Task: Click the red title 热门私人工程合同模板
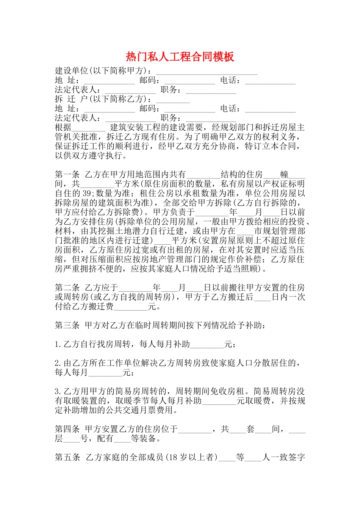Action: pos(180,57)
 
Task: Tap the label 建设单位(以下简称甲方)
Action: pos(100,71)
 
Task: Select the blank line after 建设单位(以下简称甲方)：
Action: pos(207,73)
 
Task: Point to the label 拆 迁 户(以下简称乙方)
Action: pos(100,99)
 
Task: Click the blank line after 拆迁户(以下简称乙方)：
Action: pos(173,101)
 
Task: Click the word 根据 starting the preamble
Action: pos(63,128)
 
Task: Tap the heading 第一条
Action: pos(67,175)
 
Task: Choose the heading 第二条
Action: pos(67,288)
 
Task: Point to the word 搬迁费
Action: pos(101,307)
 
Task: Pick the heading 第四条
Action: pos(67,429)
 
